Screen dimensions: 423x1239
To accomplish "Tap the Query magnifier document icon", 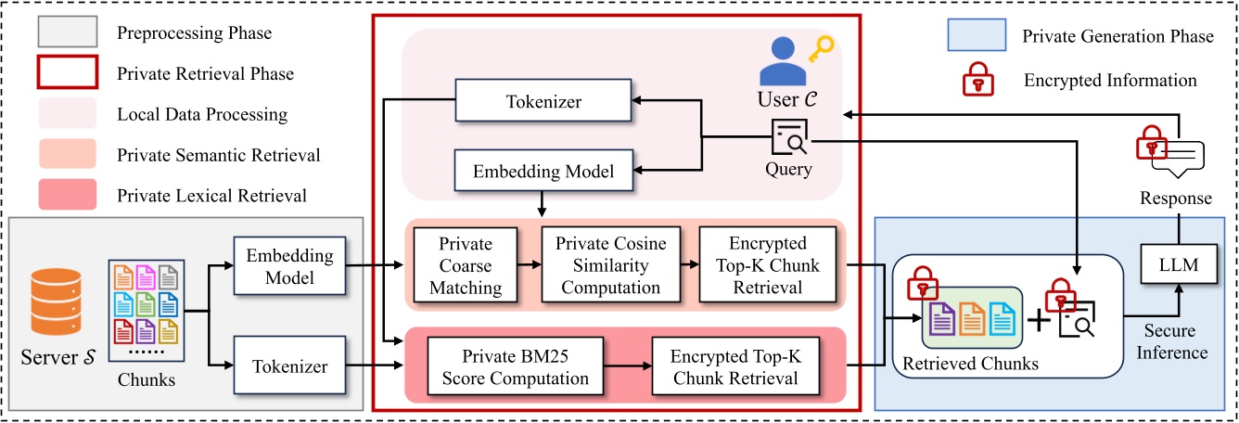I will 787,139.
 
